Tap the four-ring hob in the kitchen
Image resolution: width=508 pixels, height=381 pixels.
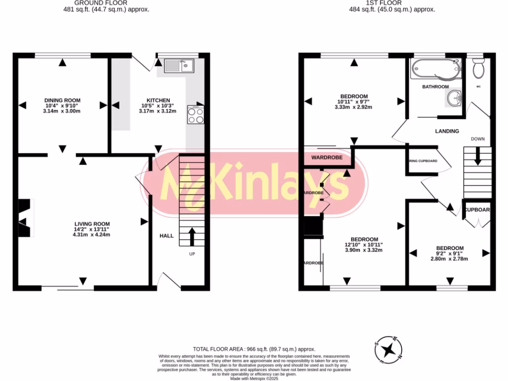coord(195,115)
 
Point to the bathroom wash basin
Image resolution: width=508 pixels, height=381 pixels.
coord(454,98)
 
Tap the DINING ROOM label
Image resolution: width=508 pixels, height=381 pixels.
coord(63,100)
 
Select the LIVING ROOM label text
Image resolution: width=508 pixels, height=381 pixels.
coord(92,224)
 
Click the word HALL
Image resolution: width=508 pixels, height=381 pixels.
coord(167,236)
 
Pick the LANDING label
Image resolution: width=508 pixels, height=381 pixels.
coord(447,131)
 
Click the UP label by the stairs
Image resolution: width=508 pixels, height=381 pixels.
coord(192,254)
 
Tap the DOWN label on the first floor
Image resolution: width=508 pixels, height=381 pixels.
coord(478,139)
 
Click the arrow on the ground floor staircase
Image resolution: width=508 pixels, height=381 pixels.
coord(191,236)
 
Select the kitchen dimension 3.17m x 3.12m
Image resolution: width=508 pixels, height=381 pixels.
coord(158,111)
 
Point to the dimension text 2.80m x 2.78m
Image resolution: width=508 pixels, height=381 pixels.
coord(449,259)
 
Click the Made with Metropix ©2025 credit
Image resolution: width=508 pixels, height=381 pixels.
coord(254,379)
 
